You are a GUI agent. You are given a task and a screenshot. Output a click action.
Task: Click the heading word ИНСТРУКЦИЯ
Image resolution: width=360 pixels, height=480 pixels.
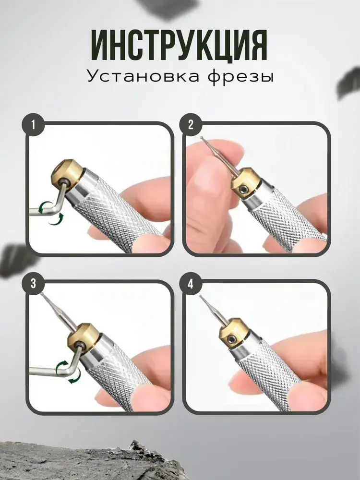[x=180, y=45]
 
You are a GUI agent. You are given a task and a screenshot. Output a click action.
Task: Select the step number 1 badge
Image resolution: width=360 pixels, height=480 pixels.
[x=33, y=125]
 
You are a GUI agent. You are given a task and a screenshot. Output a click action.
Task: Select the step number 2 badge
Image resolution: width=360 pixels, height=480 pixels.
[x=191, y=125]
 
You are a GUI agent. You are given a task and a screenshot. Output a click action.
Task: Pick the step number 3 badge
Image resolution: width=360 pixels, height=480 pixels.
[x=33, y=284]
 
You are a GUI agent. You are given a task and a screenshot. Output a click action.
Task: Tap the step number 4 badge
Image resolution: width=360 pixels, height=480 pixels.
[x=191, y=284]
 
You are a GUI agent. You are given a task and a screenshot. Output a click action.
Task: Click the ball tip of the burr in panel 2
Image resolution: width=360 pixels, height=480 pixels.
[x=202, y=138]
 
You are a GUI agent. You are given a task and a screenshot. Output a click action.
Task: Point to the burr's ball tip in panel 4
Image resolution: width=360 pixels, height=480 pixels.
[x=201, y=296]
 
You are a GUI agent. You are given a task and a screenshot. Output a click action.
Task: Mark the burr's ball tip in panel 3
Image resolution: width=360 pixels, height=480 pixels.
[x=42, y=293]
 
